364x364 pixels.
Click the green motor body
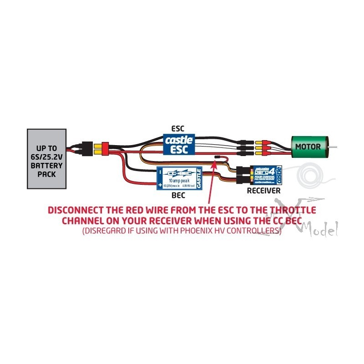pos(307,147)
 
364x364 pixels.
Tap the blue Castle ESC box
pos(179,144)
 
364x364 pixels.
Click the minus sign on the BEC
pos(160,172)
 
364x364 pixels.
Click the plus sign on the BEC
pos(160,185)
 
